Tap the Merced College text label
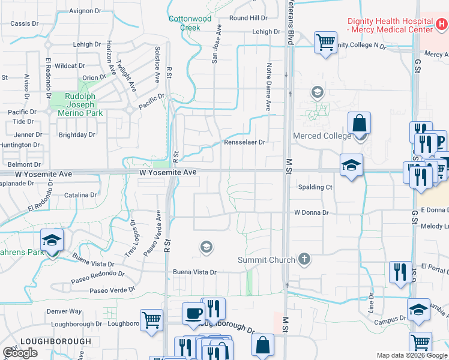point(322,136)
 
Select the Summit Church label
point(267,260)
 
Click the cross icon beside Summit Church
point(304,259)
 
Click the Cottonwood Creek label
point(190,23)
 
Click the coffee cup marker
point(193,313)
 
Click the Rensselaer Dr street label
point(244,142)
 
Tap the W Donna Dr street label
point(312,212)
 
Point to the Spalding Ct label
point(316,187)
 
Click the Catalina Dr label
point(80,195)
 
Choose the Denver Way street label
point(64,311)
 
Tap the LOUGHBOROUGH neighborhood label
point(56,341)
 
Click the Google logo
point(20,353)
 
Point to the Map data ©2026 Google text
point(412,355)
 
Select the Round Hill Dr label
point(248,19)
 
